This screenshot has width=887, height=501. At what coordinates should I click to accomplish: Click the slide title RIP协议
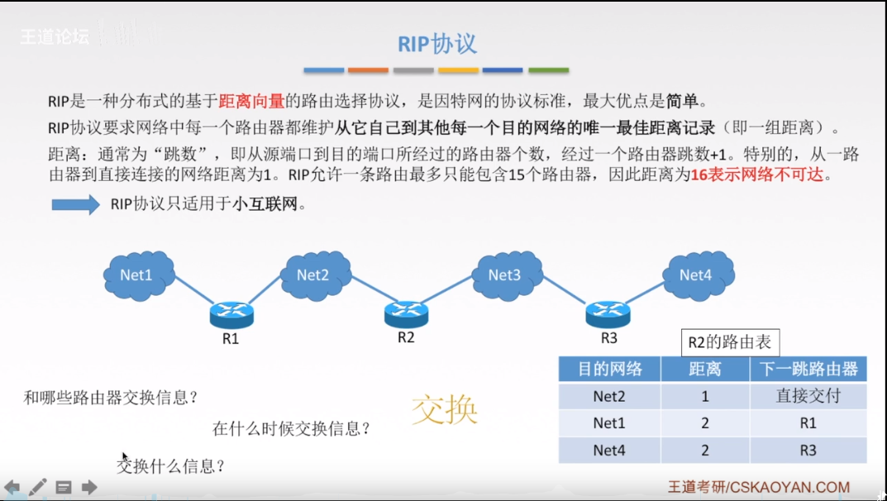click(x=437, y=44)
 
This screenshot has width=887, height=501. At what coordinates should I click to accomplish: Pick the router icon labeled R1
click(x=231, y=313)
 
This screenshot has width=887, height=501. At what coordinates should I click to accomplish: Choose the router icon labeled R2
click(x=406, y=312)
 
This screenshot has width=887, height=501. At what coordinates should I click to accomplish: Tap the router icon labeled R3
click(x=608, y=312)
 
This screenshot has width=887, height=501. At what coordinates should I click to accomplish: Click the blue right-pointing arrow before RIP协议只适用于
click(x=75, y=204)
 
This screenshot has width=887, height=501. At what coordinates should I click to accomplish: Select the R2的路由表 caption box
click(x=730, y=342)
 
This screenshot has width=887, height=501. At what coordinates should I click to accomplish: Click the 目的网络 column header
click(x=609, y=369)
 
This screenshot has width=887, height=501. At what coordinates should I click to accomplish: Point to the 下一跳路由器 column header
click(x=808, y=369)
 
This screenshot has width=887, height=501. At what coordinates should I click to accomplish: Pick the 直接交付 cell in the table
click(x=808, y=396)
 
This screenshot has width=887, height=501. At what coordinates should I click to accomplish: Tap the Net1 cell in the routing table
click(x=609, y=423)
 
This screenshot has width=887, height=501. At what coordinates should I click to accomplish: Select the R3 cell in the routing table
click(x=808, y=450)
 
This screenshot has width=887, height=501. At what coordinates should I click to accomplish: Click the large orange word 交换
click(x=445, y=409)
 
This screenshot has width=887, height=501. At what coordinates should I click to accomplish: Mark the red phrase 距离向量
click(x=251, y=102)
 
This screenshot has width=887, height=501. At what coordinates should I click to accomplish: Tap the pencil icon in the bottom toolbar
click(x=38, y=487)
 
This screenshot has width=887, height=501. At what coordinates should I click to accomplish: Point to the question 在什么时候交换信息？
click(x=291, y=428)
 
